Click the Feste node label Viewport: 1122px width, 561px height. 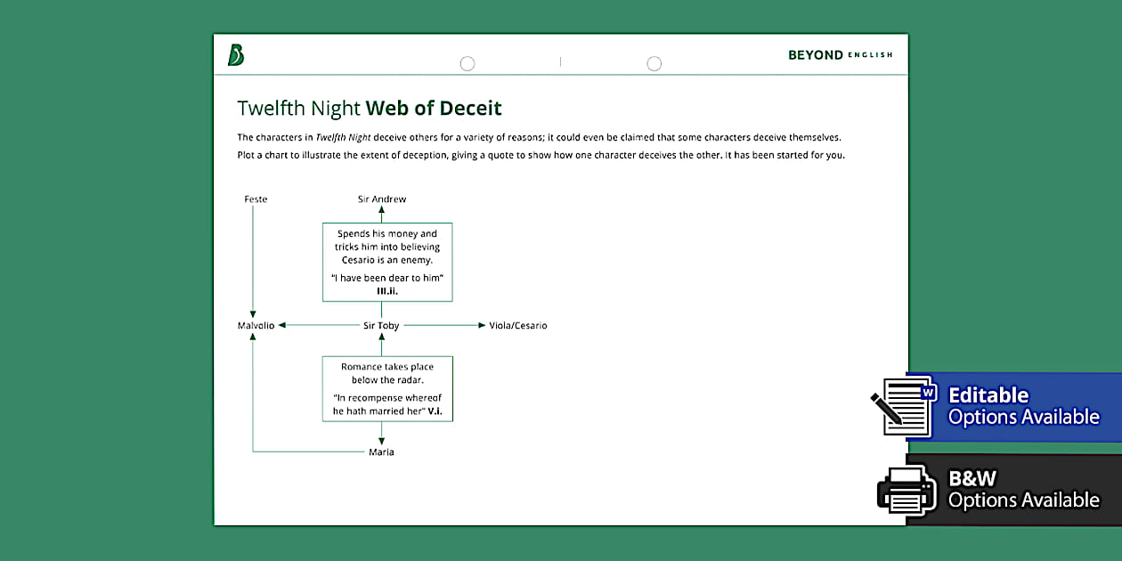[x=256, y=199]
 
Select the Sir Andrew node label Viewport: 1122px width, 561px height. [x=382, y=199]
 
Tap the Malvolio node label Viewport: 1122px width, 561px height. [x=256, y=326]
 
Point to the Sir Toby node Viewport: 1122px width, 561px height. [x=382, y=326]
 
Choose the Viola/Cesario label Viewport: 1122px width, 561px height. [x=518, y=326]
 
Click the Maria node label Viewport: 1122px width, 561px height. [x=381, y=452]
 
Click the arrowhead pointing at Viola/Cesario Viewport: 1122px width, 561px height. [x=482, y=326]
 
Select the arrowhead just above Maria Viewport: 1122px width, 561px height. [x=382, y=440]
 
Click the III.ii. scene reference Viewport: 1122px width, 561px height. [x=387, y=290]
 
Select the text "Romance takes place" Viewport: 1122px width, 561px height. [x=387, y=367]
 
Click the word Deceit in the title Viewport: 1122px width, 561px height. [x=470, y=109]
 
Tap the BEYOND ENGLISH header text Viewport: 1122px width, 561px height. [x=840, y=55]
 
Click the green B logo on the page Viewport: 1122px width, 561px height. [x=236, y=55]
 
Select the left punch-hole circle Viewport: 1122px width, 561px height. [x=467, y=63]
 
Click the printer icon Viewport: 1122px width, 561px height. [x=906, y=488]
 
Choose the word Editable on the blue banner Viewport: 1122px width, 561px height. [x=988, y=395]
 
